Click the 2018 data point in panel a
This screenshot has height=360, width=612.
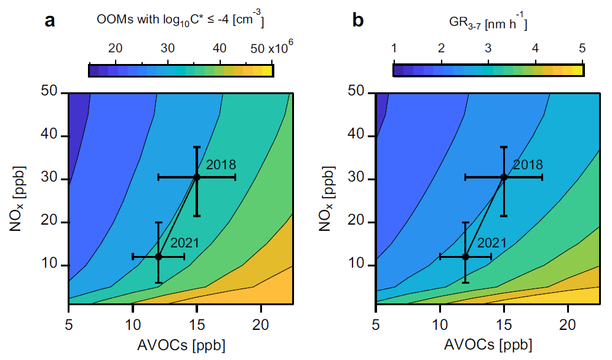click(197, 177)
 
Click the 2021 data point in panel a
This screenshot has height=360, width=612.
click(158, 257)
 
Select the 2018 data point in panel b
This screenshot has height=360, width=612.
click(504, 177)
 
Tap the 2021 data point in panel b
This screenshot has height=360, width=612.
click(465, 257)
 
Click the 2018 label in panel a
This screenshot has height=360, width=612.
click(221, 165)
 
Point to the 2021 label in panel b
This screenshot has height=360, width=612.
click(492, 243)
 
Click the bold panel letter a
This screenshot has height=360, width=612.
click(50, 21)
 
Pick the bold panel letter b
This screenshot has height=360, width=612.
click(358, 20)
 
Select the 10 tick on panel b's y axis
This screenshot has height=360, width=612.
click(356, 265)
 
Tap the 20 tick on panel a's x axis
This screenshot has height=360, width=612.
click(261, 324)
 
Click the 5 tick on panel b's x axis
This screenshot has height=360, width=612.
click(375, 324)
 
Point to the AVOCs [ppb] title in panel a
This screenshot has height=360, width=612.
click(181, 346)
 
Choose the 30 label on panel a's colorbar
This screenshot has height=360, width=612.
click(168, 49)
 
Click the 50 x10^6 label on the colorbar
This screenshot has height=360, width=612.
click(271, 47)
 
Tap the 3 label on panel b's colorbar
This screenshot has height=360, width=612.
click(488, 49)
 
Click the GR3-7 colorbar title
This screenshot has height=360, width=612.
click(488, 22)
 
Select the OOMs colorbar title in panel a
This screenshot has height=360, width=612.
click(180, 21)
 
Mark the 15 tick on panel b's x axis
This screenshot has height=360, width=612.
click(504, 324)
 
